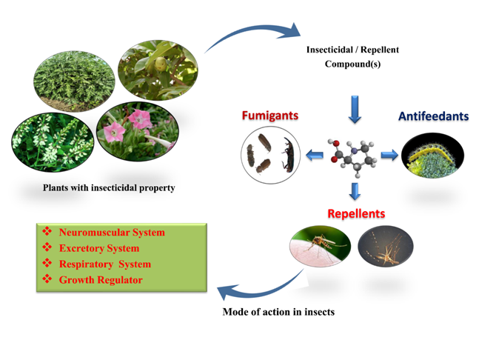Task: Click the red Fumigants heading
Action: [x=270, y=116]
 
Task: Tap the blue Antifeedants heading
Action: [x=434, y=116]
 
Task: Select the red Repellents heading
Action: [x=356, y=213]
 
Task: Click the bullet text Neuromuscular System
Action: [x=112, y=233]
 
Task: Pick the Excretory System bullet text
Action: [x=99, y=248]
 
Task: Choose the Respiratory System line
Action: [x=105, y=264]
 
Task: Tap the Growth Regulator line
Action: [x=101, y=280]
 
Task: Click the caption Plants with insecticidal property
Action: [x=109, y=187]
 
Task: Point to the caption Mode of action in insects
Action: [x=278, y=312]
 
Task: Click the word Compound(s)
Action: [x=352, y=64]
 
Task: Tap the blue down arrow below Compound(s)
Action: [x=355, y=110]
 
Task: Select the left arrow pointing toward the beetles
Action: [x=315, y=156]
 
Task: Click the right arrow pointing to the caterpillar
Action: [x=389, y=156]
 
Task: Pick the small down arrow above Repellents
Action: [x=355, y=191]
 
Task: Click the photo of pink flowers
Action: [x=138, y=131]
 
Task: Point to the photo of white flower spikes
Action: [x=53, y=142]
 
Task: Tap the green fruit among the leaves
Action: [x=161, y=64]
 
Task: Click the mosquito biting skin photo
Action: [x=320, y=247]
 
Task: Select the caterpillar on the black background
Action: [x=432, y=156]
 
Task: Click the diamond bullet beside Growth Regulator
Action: [x=47, y=279]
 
